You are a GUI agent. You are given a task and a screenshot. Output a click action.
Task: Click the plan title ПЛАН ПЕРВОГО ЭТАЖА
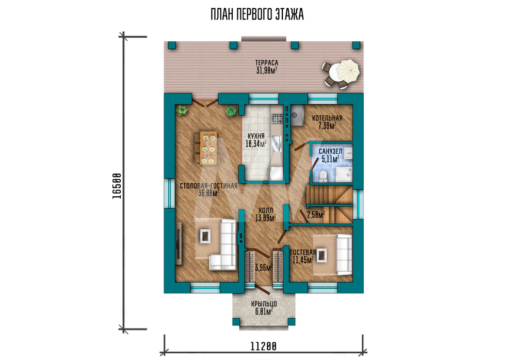257,14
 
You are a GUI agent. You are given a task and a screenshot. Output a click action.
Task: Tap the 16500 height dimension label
117,186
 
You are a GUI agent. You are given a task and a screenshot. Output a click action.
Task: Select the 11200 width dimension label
263,347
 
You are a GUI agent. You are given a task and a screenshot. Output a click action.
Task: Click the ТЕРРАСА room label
267,62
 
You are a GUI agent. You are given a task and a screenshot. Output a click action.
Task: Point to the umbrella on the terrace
349,70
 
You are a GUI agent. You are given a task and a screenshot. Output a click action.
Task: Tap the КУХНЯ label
256,136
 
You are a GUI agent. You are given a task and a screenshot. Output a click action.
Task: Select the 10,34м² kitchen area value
256,143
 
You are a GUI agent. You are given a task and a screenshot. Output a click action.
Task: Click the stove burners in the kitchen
277,118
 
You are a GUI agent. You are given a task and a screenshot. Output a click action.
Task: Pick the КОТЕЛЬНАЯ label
327,118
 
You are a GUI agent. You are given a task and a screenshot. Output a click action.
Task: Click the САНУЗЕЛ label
330,151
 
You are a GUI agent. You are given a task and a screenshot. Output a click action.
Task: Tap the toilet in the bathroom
323,176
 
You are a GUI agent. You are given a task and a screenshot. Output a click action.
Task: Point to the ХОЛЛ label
266,210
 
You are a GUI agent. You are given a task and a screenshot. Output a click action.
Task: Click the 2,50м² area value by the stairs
316,215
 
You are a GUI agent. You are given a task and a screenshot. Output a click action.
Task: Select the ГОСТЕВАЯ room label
303,252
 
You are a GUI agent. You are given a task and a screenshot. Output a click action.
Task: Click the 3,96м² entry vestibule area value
264,268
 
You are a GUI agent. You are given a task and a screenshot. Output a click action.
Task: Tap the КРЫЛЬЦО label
264,304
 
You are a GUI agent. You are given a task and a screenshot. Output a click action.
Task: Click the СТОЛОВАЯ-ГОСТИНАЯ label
208,186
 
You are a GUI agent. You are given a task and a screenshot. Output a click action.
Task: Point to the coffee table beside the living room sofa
205,236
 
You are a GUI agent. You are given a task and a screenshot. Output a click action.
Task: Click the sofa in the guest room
344,254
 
